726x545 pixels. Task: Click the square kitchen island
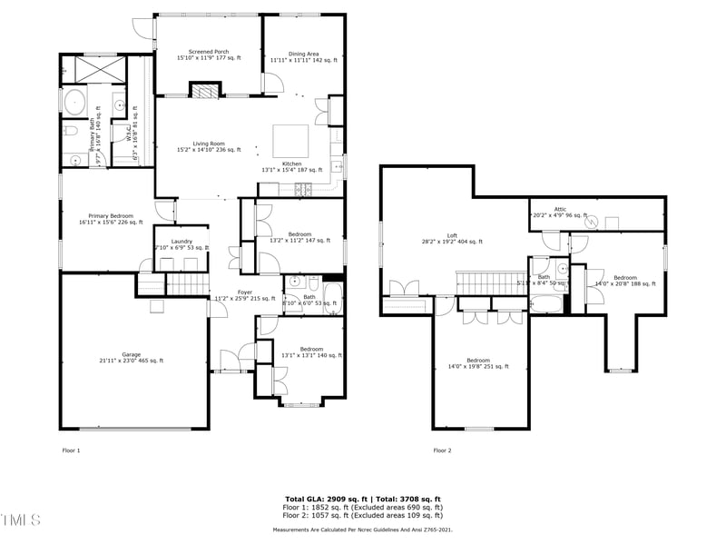[291, 141]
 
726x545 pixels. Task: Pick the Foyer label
[245, 294]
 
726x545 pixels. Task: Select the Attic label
[560, 212]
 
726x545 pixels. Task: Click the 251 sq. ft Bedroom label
[477, 363]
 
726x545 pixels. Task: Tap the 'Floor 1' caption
[72, 451]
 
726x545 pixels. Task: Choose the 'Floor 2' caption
[442, 451]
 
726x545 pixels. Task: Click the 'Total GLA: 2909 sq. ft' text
[323, 500]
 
